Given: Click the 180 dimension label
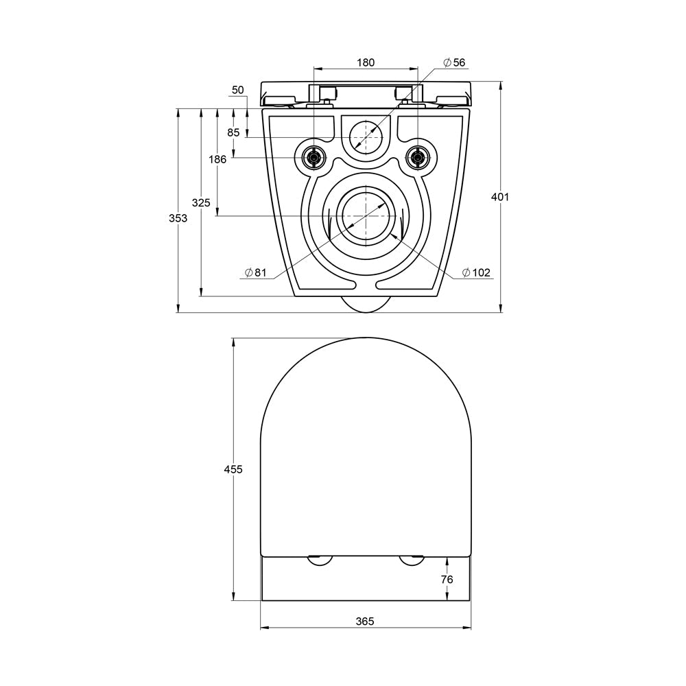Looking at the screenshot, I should click(365, 62).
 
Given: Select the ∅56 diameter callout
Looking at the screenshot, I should click(454, 62).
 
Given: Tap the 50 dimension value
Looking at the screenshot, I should click(238, 90).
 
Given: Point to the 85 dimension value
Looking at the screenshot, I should click(234, 132).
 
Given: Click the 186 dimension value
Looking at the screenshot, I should click(217, 159).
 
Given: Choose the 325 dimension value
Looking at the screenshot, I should click(201, 202).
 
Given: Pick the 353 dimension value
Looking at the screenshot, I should click(178, 218).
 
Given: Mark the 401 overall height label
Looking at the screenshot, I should click(500, 197).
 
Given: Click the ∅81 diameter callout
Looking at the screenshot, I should click(256, 272).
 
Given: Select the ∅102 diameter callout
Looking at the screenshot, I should click(476, 272).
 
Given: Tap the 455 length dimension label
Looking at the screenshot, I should click(233, 469).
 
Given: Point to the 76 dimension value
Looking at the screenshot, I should click(446, 579).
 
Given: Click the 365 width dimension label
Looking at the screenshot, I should click(365, 621).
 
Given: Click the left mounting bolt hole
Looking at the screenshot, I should click(314, 158).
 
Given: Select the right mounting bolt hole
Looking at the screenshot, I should click(416, 158).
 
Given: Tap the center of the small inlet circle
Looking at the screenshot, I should click(366, 137).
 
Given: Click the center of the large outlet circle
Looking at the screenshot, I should click(366, 215).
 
